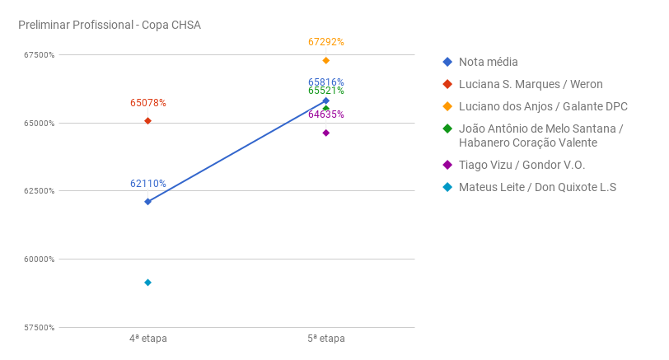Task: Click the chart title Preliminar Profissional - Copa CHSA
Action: point(110,25)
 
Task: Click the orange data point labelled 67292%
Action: point(326,60)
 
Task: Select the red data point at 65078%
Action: point(147,121)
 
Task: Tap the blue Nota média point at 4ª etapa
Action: point(147,202)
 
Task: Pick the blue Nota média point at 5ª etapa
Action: point(326,101)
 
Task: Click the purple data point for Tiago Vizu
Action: point(326,133)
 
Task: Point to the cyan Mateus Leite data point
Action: point(147,283)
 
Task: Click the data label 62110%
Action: point(148,184)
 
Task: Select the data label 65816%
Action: point(326,82)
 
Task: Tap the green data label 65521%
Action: point(326,91)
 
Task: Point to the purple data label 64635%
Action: point(326,115)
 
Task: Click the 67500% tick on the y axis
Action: point(38,55)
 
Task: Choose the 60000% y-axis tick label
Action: point(38,259)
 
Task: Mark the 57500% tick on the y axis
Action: point(38,328)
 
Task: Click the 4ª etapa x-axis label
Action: point(148,339)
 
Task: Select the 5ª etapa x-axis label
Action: point(326,339)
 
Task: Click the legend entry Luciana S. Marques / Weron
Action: point(531,84)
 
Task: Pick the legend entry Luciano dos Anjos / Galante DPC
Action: point(543,106)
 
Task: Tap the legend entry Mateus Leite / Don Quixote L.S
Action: point(537,187)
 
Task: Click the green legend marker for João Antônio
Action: point(447,129)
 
